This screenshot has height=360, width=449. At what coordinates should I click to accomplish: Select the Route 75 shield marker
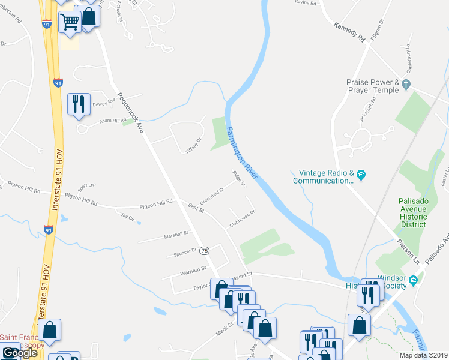click(205, 250)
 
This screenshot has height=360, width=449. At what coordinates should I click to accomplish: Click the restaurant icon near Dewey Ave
click(79, 104)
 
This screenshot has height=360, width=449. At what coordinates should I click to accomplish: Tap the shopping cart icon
click(70, 22)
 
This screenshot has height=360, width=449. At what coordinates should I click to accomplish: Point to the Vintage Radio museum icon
click(361, 175)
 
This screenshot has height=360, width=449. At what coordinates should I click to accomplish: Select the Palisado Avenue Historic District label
click(412, 212)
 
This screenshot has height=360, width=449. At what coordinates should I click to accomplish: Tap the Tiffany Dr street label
click(191, 145)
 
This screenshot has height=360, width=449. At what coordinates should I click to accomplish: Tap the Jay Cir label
click(126, 215)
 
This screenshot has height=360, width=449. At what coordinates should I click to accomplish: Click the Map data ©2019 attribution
click(423, 355)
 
